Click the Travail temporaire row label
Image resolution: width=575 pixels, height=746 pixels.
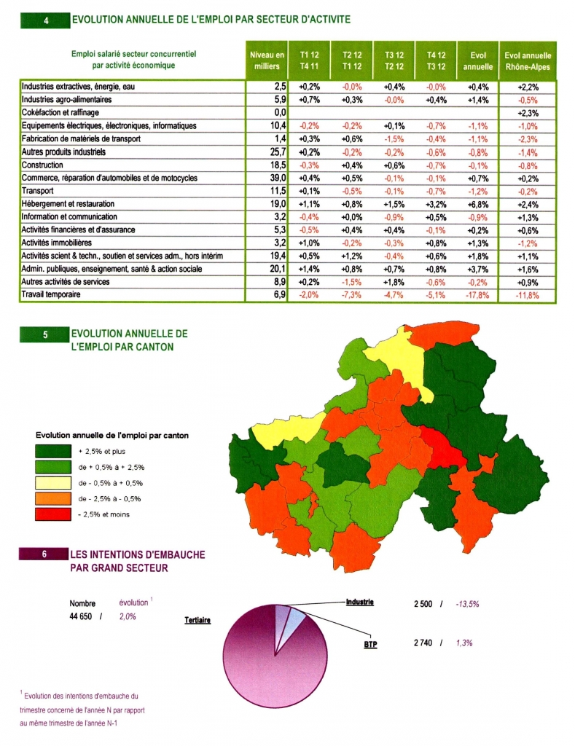[x=51, y=294]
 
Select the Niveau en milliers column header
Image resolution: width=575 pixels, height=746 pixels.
[x=267, y=60]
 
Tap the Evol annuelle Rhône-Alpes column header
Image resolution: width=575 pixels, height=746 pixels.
[x=528, y=61]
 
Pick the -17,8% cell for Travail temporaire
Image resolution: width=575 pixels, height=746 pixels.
[x=477, y=295]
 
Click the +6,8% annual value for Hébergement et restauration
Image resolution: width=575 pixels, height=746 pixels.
[x=478, y=205]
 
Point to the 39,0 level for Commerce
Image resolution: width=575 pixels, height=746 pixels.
[x=278, y=178]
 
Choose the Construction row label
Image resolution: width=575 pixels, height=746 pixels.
[x=42, y=165]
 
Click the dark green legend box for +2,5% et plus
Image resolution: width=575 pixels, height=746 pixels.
[x=52, y=451]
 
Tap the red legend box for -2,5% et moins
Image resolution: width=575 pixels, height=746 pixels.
[x=52, y=514]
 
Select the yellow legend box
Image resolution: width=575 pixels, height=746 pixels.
[x=52, y=483]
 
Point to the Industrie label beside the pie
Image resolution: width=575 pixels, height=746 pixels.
[x=360, y=602]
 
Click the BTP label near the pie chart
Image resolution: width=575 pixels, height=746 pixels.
[x=370, y=644]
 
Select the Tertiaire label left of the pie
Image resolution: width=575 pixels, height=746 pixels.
[x=197, y=621]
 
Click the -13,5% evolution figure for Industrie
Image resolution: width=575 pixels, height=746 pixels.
[x=467, y=604]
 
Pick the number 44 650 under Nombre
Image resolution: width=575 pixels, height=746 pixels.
[x=81, y=616]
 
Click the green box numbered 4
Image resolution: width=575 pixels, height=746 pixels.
[x=45, y=20]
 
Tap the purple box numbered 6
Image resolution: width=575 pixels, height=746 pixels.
[x=44, y=554]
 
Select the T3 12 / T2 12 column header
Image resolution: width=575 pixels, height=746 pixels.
[x=394, y=60]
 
